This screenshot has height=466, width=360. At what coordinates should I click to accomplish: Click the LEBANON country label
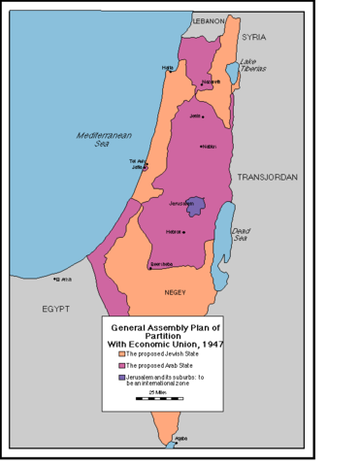coord(208,20)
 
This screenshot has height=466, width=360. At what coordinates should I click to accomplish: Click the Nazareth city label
coord(206,82)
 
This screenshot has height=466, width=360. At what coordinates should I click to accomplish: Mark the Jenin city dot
coord(203,117)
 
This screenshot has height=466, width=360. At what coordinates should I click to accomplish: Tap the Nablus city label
coord(207,147)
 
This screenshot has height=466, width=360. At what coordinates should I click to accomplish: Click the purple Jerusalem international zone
coord(197,206)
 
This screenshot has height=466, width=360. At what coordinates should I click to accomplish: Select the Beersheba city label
coord(161,263)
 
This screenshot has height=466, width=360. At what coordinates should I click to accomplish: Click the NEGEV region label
coord(176,291)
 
